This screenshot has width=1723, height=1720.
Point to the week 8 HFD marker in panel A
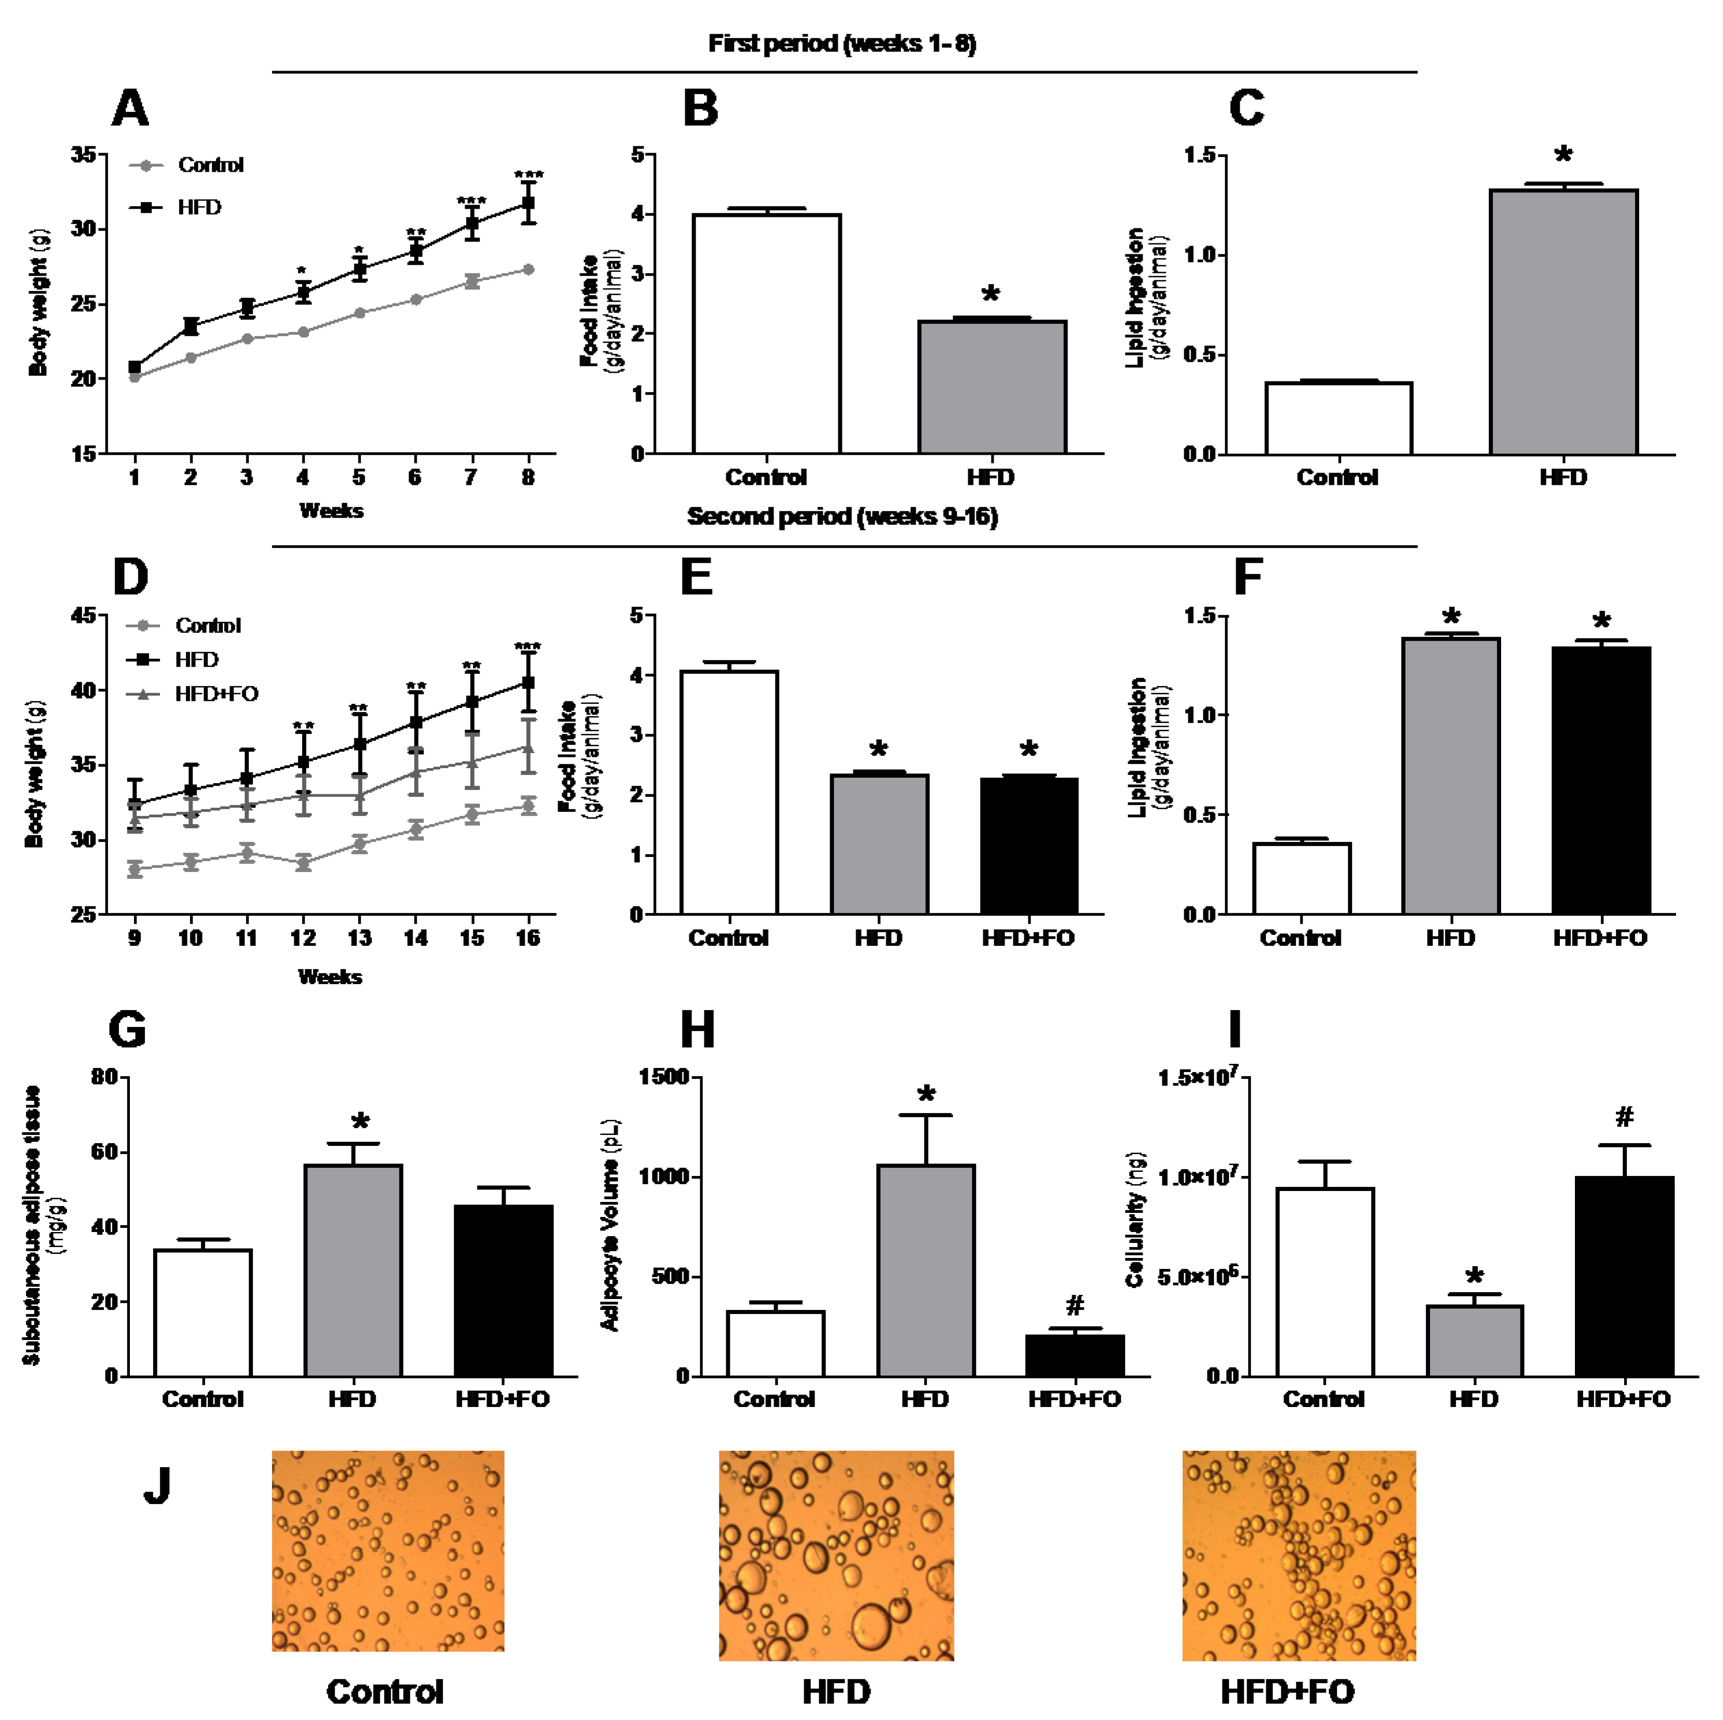[528, 203]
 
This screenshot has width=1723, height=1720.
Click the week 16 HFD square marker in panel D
[528, 683]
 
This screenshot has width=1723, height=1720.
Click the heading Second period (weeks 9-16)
[842, 517]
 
